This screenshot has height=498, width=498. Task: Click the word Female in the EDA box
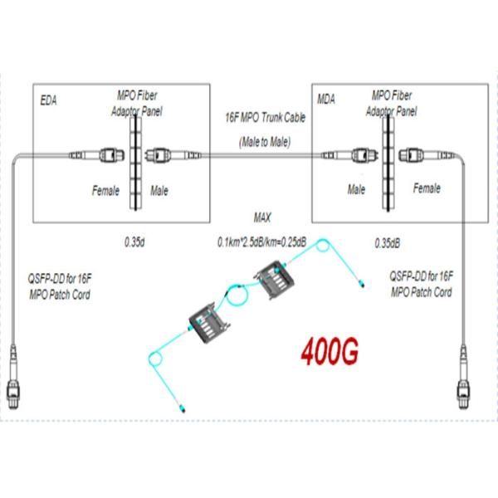(106, 191)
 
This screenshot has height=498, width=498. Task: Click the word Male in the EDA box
(159, 191)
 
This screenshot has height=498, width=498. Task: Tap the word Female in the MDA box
(426, 189)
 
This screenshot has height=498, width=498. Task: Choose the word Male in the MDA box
(356, 190)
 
